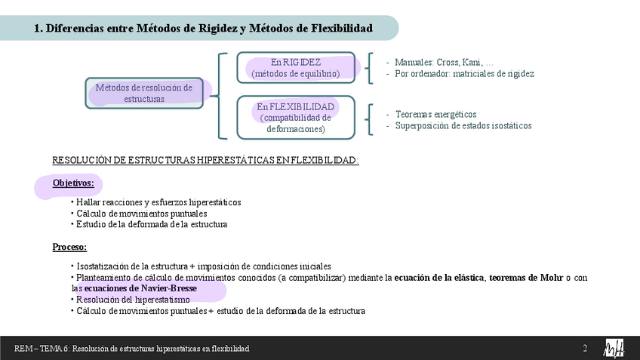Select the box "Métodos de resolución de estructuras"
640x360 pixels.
[x=144, y=93]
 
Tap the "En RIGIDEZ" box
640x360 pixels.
[x=296, y=67]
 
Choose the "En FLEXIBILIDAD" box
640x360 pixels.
[x=296, y=117]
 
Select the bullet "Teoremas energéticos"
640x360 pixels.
[x=435, y=114]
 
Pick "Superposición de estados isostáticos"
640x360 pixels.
[x=463, y=125]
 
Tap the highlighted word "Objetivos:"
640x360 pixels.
[x=73, y=183]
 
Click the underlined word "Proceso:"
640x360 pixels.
[x=69, y=247]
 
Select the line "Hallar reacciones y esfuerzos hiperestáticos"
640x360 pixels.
[x=158, y=202]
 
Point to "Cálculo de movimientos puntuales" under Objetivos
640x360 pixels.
[x=141, y=214]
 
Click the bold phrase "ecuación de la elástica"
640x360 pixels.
[x=439, y=278]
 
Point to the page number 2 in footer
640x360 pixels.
[x=584, y=348]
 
